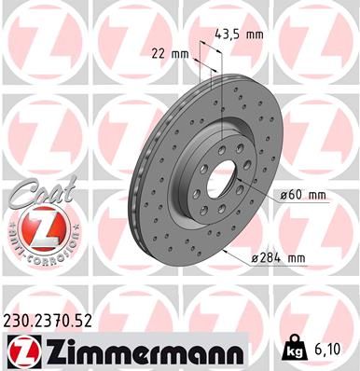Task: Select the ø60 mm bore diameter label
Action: (x=303, y=195)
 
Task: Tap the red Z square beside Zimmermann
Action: (x=18, y=350)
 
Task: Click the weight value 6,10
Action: (x=327, y=351)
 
